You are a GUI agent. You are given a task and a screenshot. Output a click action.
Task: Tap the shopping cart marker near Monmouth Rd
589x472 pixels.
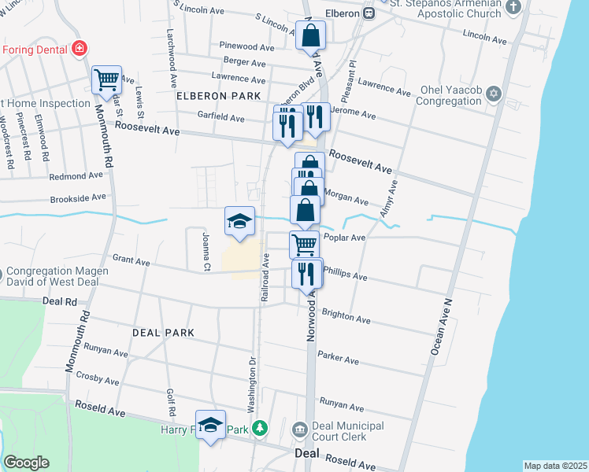[x=106, y=79]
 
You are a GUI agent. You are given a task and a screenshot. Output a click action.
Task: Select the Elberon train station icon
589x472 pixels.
[x=368, y=13]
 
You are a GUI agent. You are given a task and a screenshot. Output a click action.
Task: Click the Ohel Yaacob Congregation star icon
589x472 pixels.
[x=495, y=94]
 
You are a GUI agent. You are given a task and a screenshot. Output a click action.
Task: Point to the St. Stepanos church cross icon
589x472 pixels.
[x=513, y=7]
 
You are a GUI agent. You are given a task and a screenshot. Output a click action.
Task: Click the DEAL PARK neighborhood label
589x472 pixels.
[x=163, y=333]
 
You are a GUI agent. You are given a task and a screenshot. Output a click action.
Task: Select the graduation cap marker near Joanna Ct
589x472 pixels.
[x=239, y=221]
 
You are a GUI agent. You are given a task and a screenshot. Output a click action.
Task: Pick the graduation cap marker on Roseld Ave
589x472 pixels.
[x=209, y=426]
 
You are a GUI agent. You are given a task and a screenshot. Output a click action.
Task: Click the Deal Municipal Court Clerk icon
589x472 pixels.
[x=299, y=430]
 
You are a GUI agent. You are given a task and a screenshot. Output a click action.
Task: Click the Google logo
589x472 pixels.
[x=26, y=463]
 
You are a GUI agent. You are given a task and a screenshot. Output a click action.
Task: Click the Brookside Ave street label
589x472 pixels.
[x=77, y=197]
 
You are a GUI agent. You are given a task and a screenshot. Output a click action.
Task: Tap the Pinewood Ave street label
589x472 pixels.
[x=247, y=47]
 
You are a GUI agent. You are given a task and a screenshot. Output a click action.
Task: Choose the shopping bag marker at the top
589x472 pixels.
[x=311, y=35]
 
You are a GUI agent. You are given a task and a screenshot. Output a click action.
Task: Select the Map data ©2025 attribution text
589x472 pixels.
[x=554, y=466]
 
